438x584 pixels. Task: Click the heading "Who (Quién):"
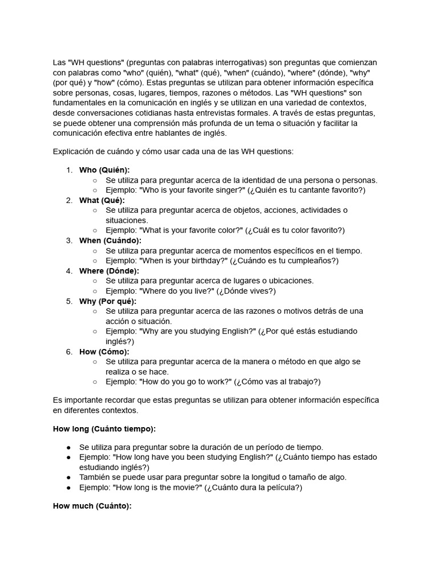tap(104, 170)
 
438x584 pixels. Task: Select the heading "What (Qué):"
tap(102, 200)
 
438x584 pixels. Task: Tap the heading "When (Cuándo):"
tap(110, 241)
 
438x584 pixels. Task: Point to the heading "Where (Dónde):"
tap(109, 271)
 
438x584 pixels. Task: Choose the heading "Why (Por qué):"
tap(108, 301)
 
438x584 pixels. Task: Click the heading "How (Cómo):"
tap(104, 352)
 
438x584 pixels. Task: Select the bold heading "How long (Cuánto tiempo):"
tap(104, 428)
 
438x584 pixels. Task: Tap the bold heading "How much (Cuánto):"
tap(92, 506)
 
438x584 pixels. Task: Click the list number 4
tap(69, 271)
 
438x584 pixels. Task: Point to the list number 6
tap(69, 352)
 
